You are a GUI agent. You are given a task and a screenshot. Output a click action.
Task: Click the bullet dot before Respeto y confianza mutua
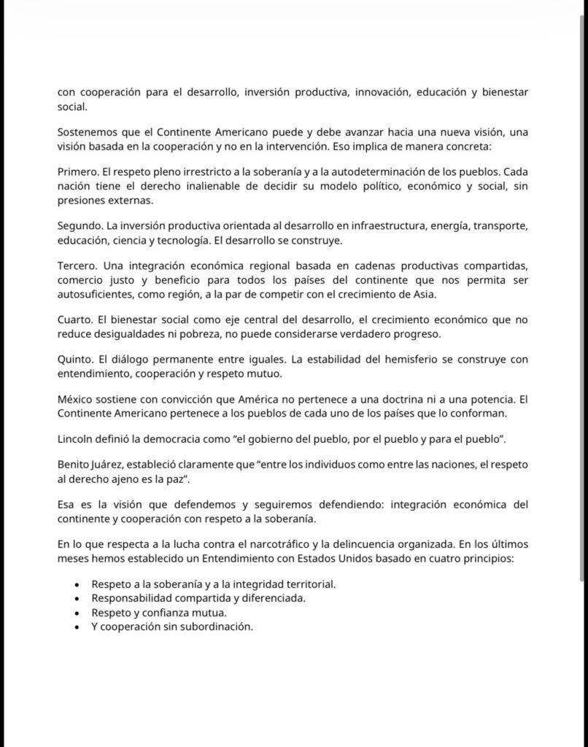pos(77,613)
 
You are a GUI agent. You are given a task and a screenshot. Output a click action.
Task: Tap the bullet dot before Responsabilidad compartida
pos(77,599)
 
